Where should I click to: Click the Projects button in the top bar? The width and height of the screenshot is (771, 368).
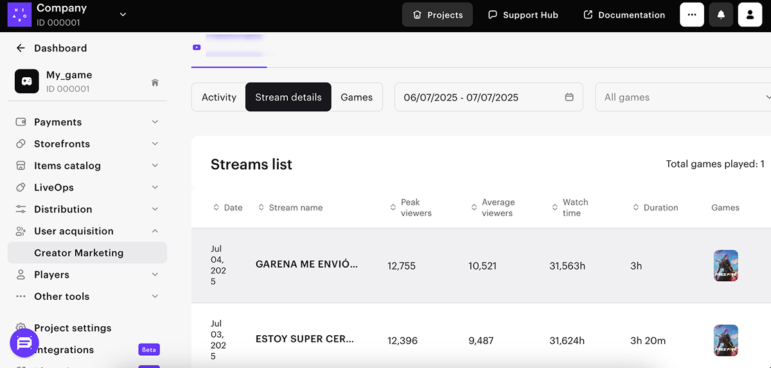pos(438,15)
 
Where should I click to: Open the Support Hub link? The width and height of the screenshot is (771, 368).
pos(523,15)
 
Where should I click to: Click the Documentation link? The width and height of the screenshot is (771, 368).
pos(624,15)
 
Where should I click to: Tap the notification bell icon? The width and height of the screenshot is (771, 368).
pos(721,15)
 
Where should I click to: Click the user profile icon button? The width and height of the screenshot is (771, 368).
pos(750,15)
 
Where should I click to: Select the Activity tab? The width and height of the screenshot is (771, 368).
pos(219,97)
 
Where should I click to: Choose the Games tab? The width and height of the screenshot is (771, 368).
pos(357,97)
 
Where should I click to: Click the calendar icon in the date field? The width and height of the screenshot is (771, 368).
pos(569,97)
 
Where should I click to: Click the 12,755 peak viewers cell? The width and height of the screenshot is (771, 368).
pos(402,266)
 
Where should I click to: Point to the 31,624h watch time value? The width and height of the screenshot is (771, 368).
pos(567,340)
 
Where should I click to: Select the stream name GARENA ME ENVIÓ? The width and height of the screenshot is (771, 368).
pos(306,264)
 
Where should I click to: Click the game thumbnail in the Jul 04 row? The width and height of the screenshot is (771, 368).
pos(726,266)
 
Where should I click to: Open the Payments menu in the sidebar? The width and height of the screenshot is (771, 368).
pos(58,122)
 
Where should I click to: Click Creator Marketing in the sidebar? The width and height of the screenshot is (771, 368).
pos(78,253)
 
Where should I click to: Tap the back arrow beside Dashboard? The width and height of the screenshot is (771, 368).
pos(21,48)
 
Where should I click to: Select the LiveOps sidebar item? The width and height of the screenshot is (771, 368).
pos(54,187)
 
